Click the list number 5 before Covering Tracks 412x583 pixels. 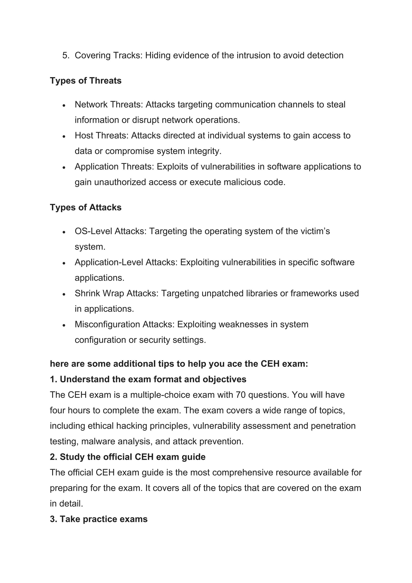[65, 55]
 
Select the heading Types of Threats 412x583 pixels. [85, 81]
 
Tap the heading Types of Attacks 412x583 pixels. [85, 208]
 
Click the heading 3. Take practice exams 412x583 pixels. [99, 519]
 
